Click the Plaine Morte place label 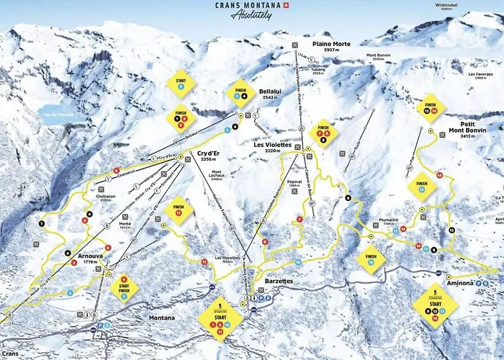point(331,44)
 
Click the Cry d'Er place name point(208,153)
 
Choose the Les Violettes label point(273,145)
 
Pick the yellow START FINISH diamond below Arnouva point(124,287)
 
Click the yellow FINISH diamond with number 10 point(372,258)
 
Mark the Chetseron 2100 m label point(104,197)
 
